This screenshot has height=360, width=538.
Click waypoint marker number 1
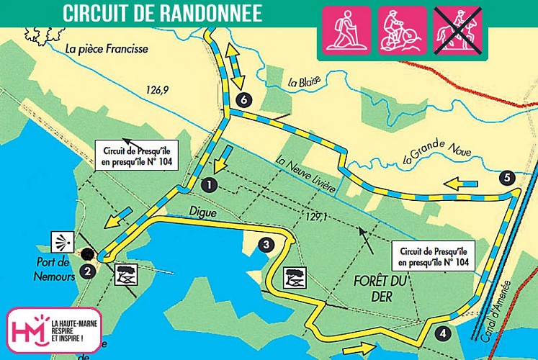pos(209,184)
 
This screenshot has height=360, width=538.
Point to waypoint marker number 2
pos(88,271)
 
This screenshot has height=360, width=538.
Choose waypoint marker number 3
pos(266,245)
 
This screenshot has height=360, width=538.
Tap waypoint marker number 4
pos(442,333)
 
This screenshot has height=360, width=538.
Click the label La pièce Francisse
pos(106,50)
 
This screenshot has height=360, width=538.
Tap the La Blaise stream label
pos(302,82)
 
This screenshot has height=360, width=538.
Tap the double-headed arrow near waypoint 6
pos(233,66)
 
